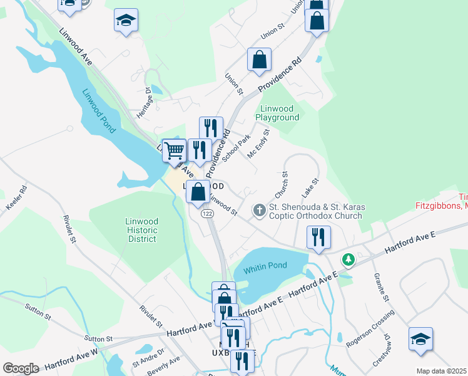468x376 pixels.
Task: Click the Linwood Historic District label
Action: pos(141,230)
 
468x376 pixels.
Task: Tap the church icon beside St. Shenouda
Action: pos(259,211)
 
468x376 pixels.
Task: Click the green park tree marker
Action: pos(347,259)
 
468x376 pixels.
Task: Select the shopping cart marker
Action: pos(173,150)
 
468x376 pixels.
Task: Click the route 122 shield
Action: pos(207,214)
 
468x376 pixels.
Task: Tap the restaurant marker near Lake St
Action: pos(318,238)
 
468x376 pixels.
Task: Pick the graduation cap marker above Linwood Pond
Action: pos(126,20)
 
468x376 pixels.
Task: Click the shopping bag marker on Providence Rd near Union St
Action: pos(259,60)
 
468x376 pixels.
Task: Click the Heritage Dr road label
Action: pos(142,100)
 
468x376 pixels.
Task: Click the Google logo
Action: pos(21,368)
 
